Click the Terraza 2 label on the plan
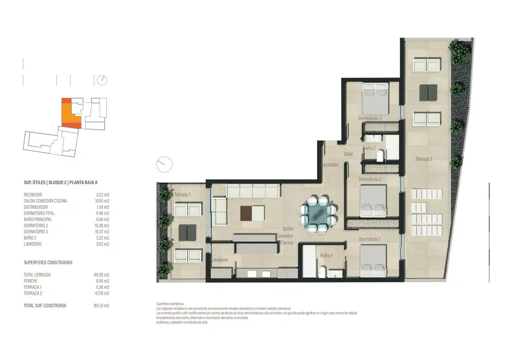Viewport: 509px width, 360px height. [x=424, y=159]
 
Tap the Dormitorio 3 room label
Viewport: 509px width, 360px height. [x=370, y=118]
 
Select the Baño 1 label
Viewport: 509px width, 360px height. [x=326, y=256]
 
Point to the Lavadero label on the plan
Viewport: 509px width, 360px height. [x=220, y=260]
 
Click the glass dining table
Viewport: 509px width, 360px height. [x=318, y=214]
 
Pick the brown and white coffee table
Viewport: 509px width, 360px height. [x=253, y=213]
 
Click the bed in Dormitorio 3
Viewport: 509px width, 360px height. [x=375, y=98]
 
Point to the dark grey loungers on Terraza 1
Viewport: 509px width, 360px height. [x=188, y=233]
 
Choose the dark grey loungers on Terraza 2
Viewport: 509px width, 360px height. [x=428, y=92]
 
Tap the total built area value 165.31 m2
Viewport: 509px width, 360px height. [x=101, y=306]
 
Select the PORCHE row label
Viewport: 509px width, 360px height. [x=31, y=281]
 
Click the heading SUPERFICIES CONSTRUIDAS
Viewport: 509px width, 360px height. [x=48, y=262]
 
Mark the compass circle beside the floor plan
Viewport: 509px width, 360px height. [x=164, y=164]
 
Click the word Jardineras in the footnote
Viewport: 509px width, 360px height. [x=162, y=322]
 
